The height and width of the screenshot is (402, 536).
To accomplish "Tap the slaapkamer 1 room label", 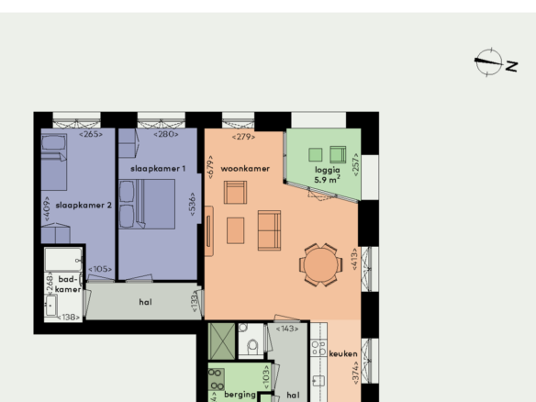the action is click(x=158, y=169).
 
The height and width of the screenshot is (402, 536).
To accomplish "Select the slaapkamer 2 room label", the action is click(x=84, y=205).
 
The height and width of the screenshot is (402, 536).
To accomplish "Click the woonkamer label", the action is click(x=245, y=169).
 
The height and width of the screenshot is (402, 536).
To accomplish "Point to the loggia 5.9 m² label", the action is click(x=327, y=174).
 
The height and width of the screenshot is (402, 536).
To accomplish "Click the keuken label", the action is click(x=343, y=353).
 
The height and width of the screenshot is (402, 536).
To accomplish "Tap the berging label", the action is click(x=240, y=395).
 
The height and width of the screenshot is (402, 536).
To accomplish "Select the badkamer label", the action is click(x=68, y=285).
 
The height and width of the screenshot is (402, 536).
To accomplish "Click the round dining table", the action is click(x=320, y=265).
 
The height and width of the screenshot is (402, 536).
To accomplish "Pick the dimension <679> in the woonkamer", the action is click(x=210, y=167).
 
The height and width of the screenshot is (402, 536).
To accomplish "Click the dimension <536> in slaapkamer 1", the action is click(x=193, y=205).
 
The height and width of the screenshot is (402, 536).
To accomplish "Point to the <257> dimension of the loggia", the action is click(x=355, y=165).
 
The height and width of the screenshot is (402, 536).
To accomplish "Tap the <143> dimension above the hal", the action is click(x=287, y=329).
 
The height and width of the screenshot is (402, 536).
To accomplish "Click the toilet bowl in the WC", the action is click(x=252, y=346).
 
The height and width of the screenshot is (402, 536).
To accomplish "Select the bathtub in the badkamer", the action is click(x=63, y=260).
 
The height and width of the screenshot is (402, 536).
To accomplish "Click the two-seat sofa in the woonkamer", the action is click(x=269, y=230).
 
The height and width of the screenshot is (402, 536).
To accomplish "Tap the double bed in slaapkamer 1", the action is click(x=147, y=204).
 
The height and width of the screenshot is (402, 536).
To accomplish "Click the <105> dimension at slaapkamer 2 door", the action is click(x=100, y=269).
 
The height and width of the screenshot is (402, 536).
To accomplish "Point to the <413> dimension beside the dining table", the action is click(x=354, y=259).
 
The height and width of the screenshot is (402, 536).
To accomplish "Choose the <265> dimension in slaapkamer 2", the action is click(x=91, y=134).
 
